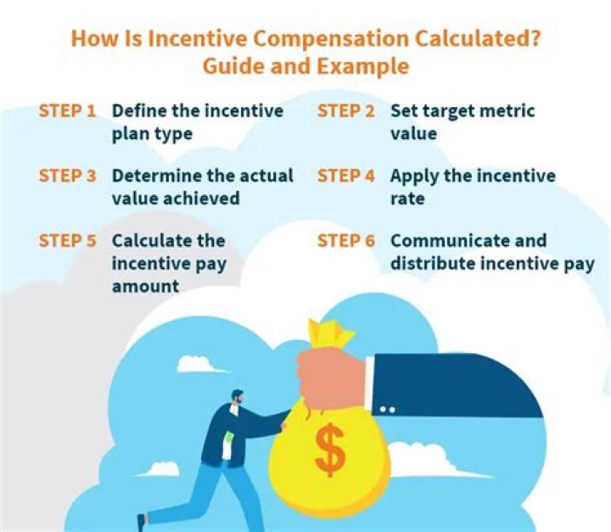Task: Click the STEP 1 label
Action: (67, 111)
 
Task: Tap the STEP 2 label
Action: (346, 111)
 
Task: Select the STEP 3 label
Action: (67, 176)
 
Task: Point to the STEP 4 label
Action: (346, 176)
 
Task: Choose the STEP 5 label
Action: (67, 240)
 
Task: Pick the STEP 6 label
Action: (346, 240)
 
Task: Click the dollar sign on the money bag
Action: (329, 451)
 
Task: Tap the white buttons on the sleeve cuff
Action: (387, 410)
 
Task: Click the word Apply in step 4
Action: (416, 176)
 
